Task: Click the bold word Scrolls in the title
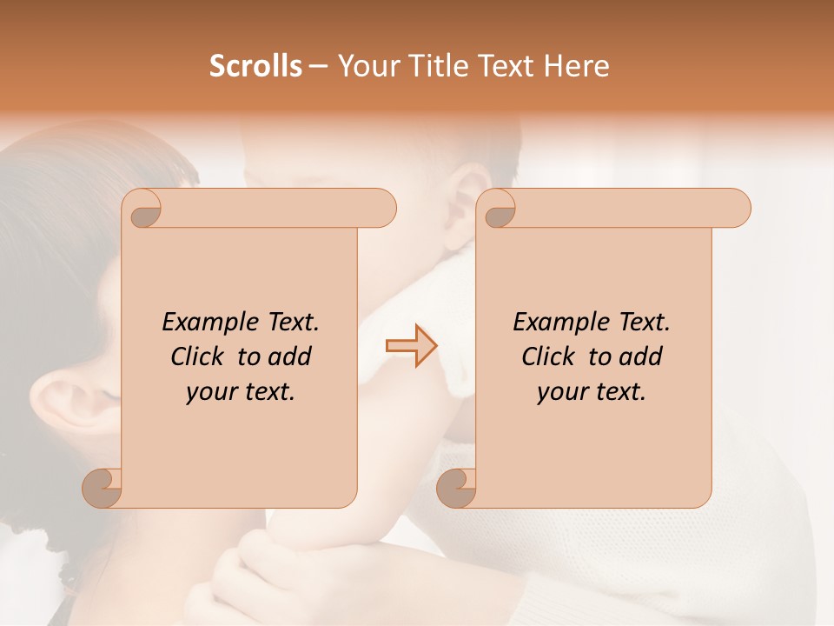tap(256, 66)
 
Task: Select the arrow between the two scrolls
tap(411, 346)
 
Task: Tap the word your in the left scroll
tap(209, 392)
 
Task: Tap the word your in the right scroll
tap(560, 392)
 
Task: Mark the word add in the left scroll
tap(291, 356)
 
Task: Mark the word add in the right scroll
tap(642, 356)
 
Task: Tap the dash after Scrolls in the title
tap(319, 66)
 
